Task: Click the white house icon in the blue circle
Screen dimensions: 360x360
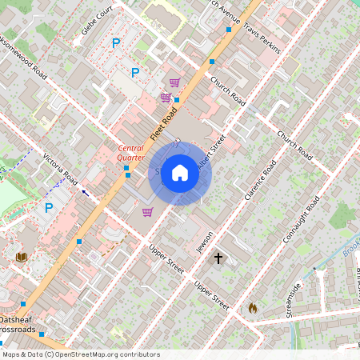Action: pyautogui.click(x=180, y=173)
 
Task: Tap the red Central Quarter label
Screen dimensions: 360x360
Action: pyautogui.click(x=131, y=153)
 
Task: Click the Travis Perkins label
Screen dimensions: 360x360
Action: pyautogui.click(x=262, y=37)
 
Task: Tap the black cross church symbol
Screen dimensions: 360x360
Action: pyautogui.click(x=218, y=258)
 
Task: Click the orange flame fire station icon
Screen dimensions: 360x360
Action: pyautogui.click(x=253, y=307)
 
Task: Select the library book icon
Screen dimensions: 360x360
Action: pyautogui.click(x=21, y=257)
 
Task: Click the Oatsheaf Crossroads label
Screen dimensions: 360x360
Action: pyautogui.click(x=19, y=324)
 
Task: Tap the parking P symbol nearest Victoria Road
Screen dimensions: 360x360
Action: pyautogui.click(x=49, y=208)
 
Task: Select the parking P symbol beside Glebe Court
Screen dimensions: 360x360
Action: pyautogui.click(x=116, y=43)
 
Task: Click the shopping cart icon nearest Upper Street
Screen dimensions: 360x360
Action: pyautogui.click(x=147, y=212)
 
